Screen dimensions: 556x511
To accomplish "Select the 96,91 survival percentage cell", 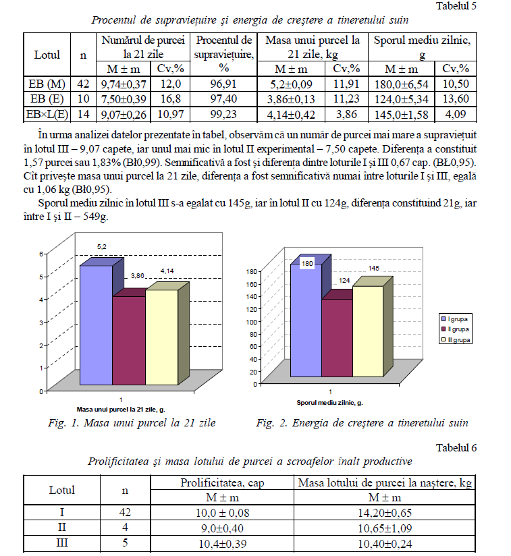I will pyautogui.click(x=223, y=84).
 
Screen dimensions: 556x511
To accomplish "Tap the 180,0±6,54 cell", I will pyautogui.click(x=401, y=84).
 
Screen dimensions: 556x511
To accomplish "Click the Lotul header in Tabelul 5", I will pyautogui.click(x=47, y=55).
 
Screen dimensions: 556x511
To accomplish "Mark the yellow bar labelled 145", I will pyautogui.click(x=367, y=331).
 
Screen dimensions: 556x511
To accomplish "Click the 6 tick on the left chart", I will pyautogui.click(x=41, y=254).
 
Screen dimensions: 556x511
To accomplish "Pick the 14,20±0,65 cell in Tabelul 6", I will pyautogui.click(x=383, y=513).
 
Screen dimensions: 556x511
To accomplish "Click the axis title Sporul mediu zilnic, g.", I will pyautogui.click(x=330, y=403).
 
